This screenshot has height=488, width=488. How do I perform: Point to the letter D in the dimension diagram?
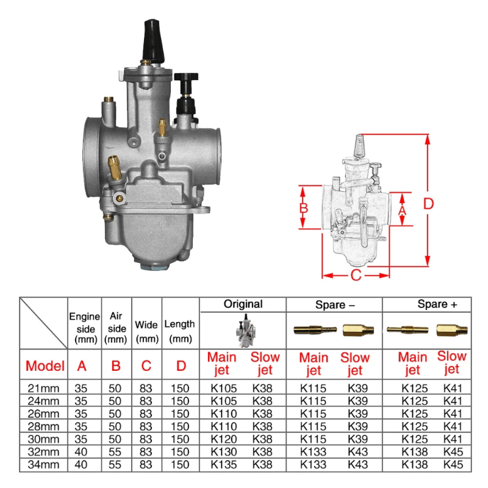429,204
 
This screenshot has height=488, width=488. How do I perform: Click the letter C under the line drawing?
356,275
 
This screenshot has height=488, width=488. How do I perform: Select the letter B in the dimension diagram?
304,207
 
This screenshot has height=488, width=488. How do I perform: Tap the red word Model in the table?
45,366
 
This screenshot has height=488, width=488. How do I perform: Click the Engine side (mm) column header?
84,328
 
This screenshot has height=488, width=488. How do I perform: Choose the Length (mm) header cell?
180,330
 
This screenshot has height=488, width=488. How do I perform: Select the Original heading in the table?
243,304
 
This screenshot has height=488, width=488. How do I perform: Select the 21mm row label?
45,387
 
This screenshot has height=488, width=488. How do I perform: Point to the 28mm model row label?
45,426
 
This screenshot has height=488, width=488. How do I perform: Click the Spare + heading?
437,304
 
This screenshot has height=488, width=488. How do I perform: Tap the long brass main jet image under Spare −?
315,330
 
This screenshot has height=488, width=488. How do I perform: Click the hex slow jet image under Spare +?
452,330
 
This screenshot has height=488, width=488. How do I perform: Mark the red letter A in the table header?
81,366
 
